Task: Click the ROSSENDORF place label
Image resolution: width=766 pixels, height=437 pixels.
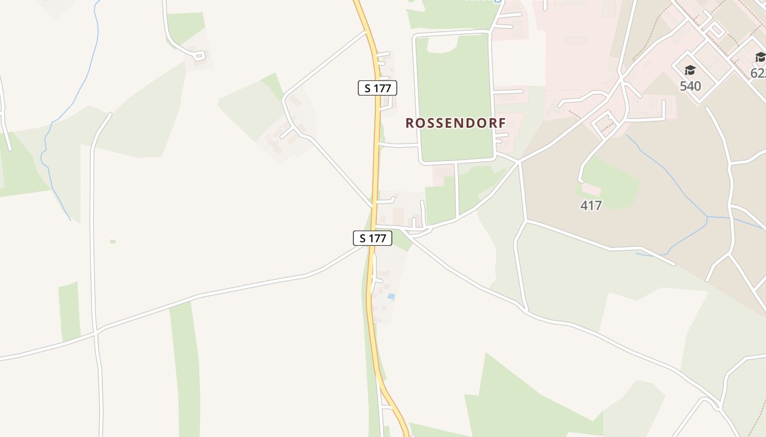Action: (456, 123)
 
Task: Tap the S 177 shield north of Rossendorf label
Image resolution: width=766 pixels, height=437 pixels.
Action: (378, 87)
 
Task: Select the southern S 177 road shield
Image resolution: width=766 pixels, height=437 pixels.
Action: (372, 238)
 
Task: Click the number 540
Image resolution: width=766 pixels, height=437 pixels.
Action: (690, 86)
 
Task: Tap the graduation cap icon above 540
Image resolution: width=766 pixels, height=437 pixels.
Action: (690, 70)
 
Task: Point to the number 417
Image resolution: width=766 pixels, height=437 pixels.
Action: (591, 206)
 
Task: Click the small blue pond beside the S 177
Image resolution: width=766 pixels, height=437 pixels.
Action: (391, 296)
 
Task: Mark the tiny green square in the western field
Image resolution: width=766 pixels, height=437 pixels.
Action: (113, 241)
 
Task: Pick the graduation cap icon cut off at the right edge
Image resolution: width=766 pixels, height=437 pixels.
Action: (761, 57)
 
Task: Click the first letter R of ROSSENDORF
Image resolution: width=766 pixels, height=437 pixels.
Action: (410, 123)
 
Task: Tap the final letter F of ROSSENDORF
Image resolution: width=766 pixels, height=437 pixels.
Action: (502, 123)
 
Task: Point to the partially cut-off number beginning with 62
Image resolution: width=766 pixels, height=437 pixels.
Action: (758, 73)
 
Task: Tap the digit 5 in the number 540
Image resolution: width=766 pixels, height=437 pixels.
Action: (683, 86)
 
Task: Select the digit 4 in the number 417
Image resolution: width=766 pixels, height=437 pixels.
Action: (584, 206)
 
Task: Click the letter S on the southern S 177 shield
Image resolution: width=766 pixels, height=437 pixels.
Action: (362, 238)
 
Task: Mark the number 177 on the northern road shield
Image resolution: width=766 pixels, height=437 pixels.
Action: (381, 87)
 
